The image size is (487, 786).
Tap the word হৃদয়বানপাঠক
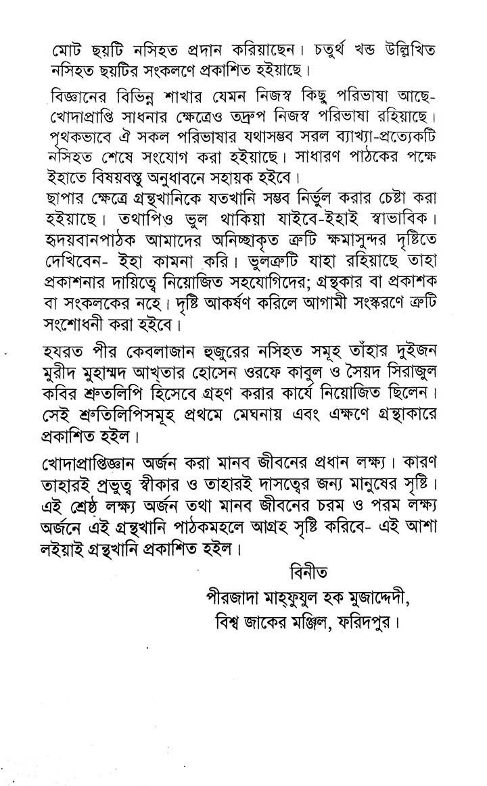coord(101,251)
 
